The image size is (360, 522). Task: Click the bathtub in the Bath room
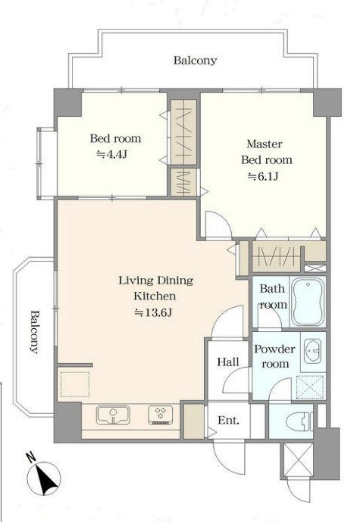(x=308, y=301)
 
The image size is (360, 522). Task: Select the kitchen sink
(x=113, y=415)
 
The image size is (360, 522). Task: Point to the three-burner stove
(x=161, y=415)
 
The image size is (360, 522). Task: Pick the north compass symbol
(x=43, y=476)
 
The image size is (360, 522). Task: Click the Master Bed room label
(x=266, y=152)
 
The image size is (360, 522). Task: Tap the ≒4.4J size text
(x=111, y=154)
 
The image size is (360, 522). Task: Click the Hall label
(x=228, y=362)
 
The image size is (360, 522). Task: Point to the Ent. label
(x=228, y=420)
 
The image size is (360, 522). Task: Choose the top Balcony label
(x=195, y=60)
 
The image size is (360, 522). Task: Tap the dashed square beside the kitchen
(x=75, y=384)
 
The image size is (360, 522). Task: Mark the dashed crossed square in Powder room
(x=310, y=386)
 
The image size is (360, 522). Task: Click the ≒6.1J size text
(x=263, y=176)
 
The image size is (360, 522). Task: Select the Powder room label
(x=275, y=356)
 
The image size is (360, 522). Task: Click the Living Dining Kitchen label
(x=155, y=288)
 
